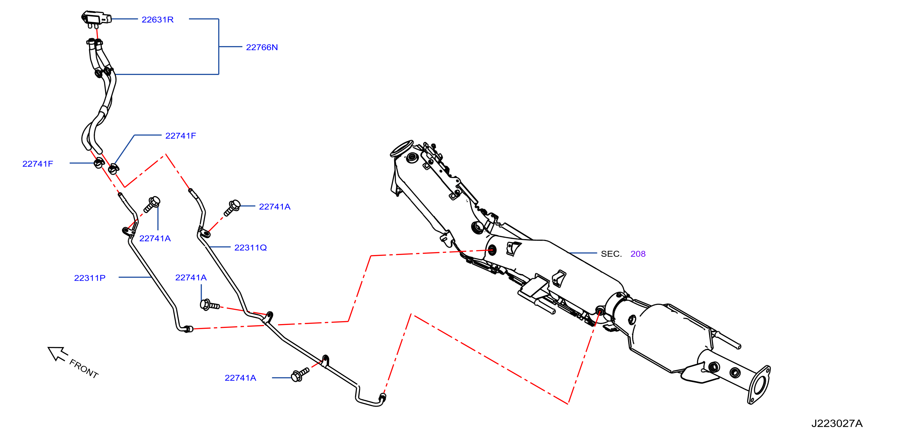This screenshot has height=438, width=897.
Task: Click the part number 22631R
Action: coord(157,19)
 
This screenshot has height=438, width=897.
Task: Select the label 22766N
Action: coord(262,47)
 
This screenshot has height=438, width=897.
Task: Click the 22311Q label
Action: coord(250,248)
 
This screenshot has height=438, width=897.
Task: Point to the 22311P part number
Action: coord(89,278)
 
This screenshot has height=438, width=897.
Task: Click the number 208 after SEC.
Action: coord(638,254)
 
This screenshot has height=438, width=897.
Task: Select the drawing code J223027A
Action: coord(837,423)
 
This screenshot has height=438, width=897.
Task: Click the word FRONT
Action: coord(84,368)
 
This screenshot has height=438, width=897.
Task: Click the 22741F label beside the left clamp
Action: coord(37,164)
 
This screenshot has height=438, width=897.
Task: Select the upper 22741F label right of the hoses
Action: coord(180,135)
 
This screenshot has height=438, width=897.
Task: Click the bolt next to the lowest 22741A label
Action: coord(299,375)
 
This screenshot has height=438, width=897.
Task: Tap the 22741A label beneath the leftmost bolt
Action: coord(155,238)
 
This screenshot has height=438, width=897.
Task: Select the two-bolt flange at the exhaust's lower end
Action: coord(759,385)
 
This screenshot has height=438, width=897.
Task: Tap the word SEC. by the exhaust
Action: coord(611,254)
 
